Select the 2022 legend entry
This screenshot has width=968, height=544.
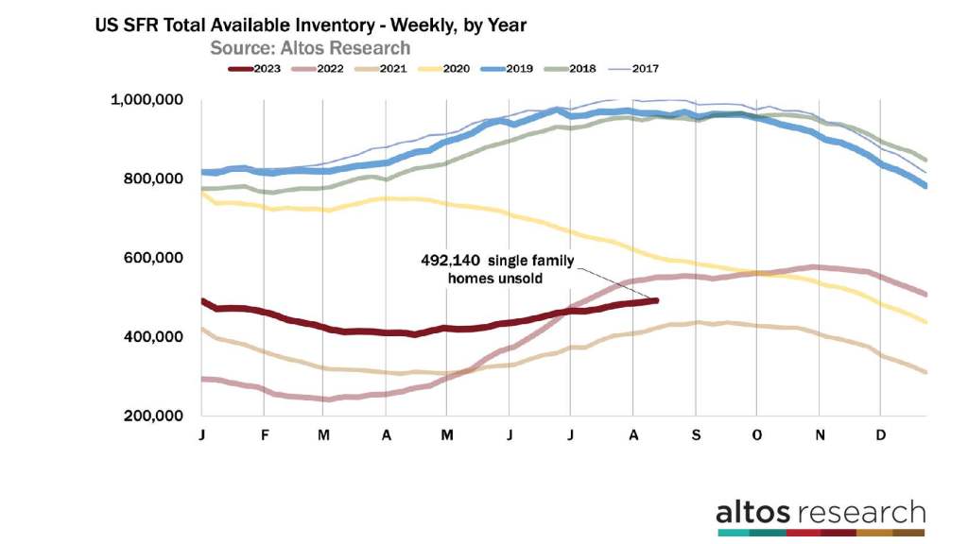click(x=332, y=68)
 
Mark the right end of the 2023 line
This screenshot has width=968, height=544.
click(x=655, y=300)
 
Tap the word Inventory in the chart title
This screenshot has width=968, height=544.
click(x=343, y=25)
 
